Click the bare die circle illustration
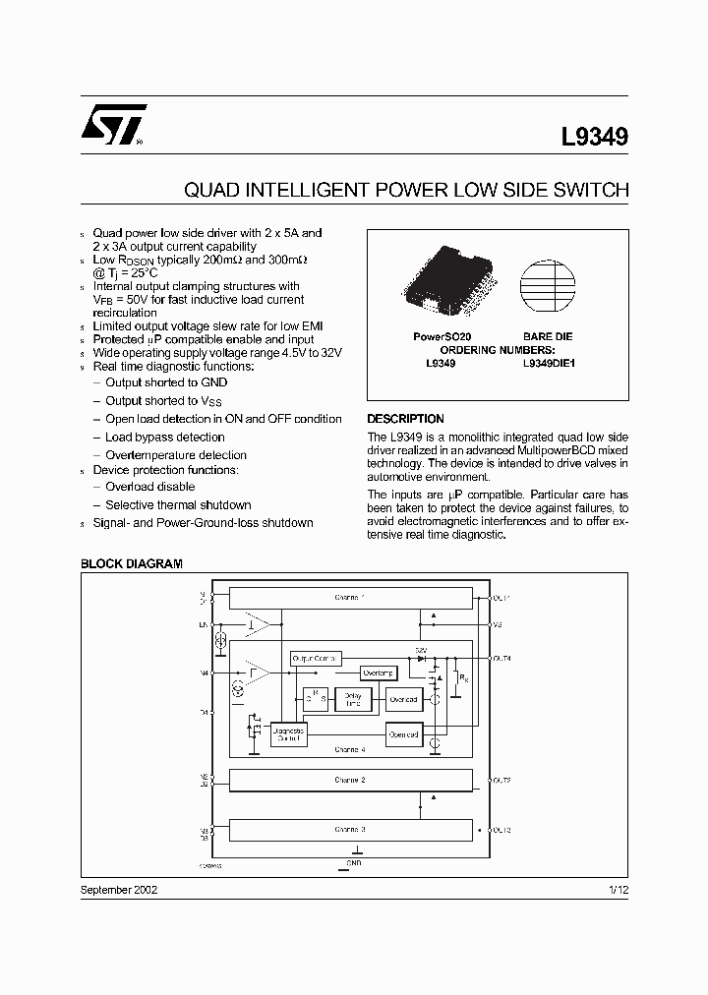pos(548,285)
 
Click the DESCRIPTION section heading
pos(405,419)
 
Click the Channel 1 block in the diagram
pos(349,597)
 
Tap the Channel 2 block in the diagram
pos(349,780)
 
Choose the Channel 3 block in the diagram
pos(349,830)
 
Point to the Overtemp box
pos(379,673)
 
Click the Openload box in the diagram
pos(403,733)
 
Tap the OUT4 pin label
pos(501,657)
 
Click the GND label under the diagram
pos(354,863)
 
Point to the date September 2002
pos(118,889)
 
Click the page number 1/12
pos(618,889)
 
